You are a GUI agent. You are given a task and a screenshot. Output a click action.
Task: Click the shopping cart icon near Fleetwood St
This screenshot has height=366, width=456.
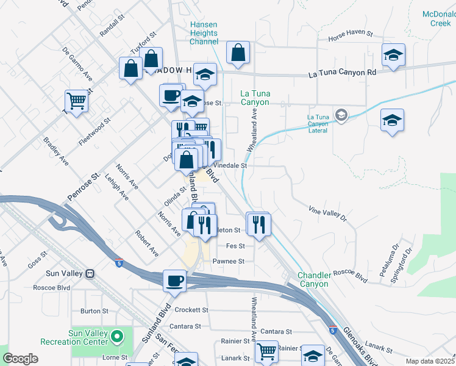pos(77,101)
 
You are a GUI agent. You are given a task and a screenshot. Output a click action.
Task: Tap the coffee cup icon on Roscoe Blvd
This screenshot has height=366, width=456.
pos(175,281)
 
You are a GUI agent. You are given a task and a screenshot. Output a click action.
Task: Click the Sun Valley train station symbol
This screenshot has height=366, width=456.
pos(91,273)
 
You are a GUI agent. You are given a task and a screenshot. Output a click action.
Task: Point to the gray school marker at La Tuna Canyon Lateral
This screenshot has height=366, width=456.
pos(341,114)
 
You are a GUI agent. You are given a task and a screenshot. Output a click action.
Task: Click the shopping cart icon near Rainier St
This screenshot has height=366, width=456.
pos(266,351)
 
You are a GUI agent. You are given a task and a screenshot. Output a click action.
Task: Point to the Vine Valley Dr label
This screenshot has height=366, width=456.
pos(327,213)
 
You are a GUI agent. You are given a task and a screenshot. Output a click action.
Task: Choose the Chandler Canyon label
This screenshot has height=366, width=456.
pos(322,279)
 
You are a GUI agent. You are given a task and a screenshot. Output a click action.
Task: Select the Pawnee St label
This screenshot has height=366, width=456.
pos(228,261)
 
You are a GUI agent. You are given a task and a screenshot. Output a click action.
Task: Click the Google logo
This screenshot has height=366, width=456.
pos(20,358)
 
